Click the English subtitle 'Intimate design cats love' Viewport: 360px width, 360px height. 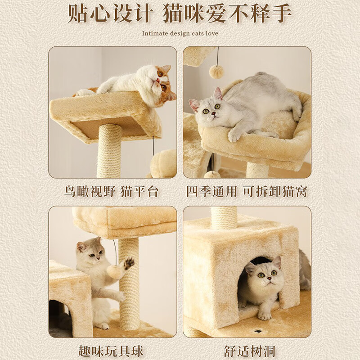180,33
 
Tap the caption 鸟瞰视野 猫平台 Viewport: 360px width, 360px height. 111,191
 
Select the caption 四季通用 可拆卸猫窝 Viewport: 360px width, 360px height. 247,191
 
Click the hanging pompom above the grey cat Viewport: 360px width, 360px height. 216,72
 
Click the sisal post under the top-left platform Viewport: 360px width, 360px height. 109,151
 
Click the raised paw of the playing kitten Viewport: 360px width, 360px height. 129,262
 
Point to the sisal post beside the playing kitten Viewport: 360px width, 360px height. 129,288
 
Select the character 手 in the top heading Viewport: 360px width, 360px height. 280,13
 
